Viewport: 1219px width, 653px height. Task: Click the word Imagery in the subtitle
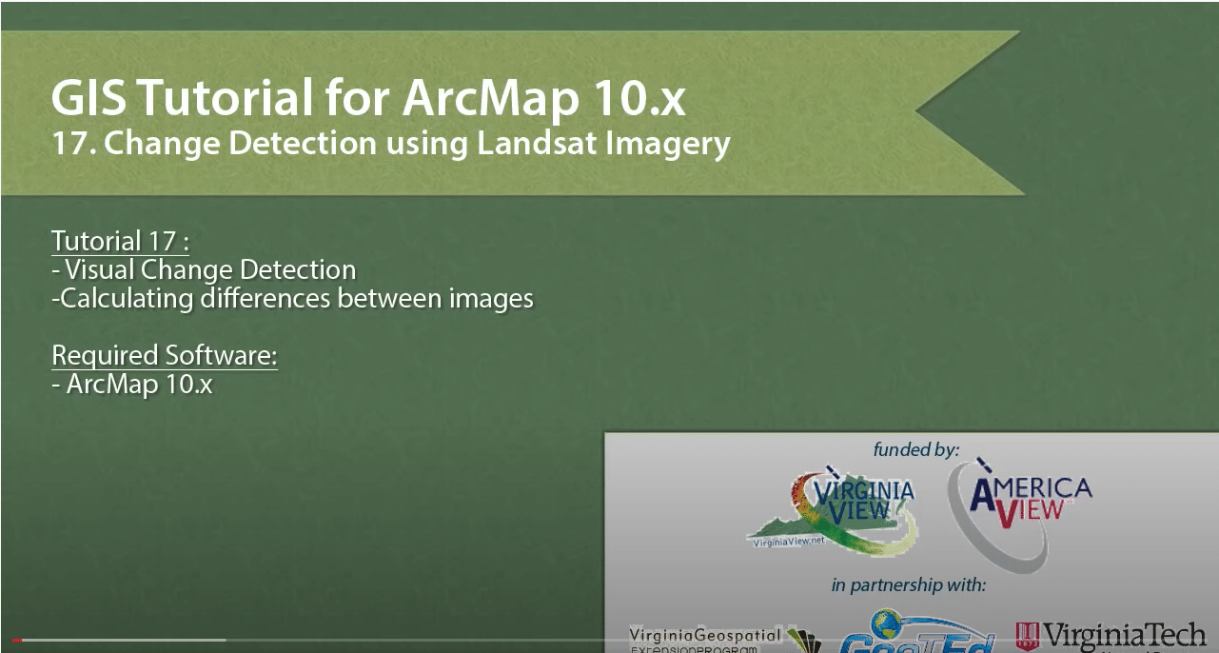(676, 144)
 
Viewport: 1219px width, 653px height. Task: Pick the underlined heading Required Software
(164, 355)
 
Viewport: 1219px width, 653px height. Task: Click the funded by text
(915, 448)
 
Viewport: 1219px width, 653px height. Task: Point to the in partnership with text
(908, 584)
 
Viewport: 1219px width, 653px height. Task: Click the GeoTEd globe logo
(904, 633)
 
